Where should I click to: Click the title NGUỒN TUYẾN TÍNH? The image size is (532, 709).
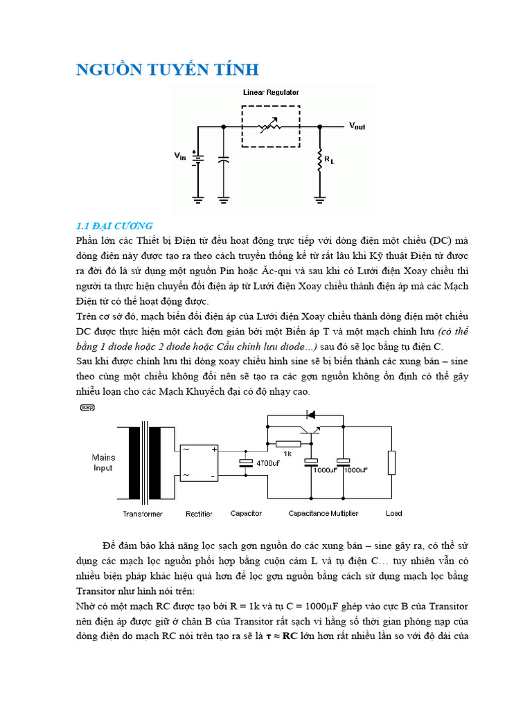click(x=166, y=69)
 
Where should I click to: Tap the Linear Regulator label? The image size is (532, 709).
click(x=271, y=91)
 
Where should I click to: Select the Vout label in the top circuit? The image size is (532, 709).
click(x=357, y=126)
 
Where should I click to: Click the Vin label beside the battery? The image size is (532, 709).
click(x=179, y=157)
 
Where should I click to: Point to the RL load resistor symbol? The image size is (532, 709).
click(x=320, y=160)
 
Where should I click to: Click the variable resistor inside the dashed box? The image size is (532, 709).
click(x=271, y=127)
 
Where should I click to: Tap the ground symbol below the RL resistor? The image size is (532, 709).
click(x=320, y=200)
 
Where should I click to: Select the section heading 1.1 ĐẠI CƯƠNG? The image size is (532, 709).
click(x=114, y=226)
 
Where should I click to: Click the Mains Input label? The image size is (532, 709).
click(x=103, y=463)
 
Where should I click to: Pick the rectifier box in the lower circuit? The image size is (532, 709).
click(x=199, y=463)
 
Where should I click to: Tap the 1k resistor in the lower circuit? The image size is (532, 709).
click(x=287, y=444)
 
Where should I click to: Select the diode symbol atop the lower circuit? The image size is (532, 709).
click(x=310, y=415)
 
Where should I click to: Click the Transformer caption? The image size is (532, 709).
click(x=143, y=514)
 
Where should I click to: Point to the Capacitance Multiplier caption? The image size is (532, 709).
click(x=323, y=514)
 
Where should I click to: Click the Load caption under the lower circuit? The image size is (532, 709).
click(x=393, y=514)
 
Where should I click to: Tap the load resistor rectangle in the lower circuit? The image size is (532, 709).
click(x=392, y=463)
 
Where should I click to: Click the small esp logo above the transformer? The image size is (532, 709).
click(x=87, y=408)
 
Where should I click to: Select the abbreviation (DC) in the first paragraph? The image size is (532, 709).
click(x=438, y=241)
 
